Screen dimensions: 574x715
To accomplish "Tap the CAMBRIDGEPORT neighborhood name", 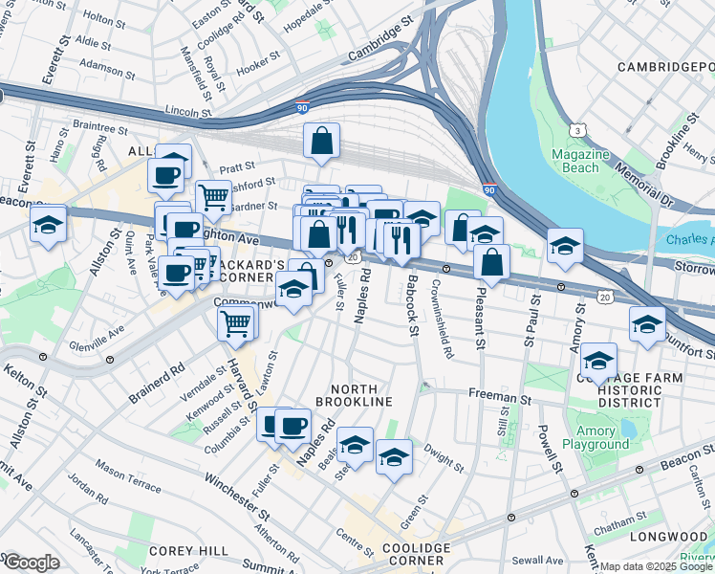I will (x=665, y=67).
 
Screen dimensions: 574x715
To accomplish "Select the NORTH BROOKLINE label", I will (x=361, y=395).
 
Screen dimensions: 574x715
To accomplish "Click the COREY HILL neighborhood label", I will (x=188, y=551).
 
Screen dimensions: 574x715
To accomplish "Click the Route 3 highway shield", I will (x=577, y=130).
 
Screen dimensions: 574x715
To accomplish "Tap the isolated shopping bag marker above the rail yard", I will (x=322, y=141).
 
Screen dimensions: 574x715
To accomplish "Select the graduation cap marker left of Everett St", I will (x=47, y=226).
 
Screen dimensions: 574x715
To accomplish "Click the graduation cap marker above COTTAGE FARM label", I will (x=599, y=361).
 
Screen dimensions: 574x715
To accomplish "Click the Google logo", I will (x=32, y=563).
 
